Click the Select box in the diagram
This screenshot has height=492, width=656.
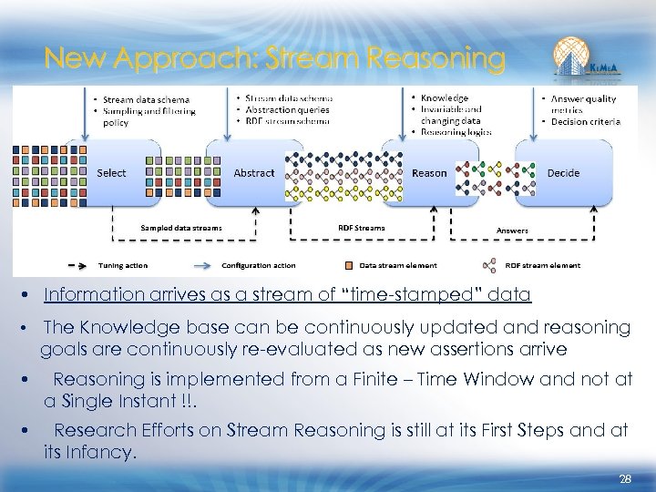[x=112, y=172]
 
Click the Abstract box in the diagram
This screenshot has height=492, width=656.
[x=253, y=172]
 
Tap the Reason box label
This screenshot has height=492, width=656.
[x=429, y=172]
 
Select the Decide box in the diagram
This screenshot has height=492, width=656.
[x=563, y=172]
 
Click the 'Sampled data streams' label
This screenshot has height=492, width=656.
[x=181, y=228]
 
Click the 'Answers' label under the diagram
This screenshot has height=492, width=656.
[x=512, y=231]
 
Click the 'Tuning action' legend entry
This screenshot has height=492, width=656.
[x=123, y=265]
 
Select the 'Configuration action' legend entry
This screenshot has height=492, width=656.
[x=258, y=265]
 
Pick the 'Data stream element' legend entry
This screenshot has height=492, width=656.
[x=398, y=265]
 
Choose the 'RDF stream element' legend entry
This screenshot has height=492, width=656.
[x=543, y=265]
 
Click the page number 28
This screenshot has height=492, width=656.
[x=625, y=477]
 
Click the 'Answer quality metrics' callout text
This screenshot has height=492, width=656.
[x=582, y=104]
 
